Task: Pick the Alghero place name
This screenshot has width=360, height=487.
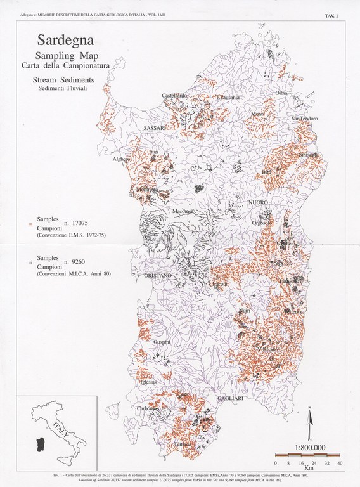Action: click(122, 160)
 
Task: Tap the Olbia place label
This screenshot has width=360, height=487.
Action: click(281, 93)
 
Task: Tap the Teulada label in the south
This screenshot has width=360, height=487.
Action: click(184, 443)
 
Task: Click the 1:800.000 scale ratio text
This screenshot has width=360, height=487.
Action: click(307, 447)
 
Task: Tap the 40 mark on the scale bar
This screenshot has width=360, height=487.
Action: click(339, 464)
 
